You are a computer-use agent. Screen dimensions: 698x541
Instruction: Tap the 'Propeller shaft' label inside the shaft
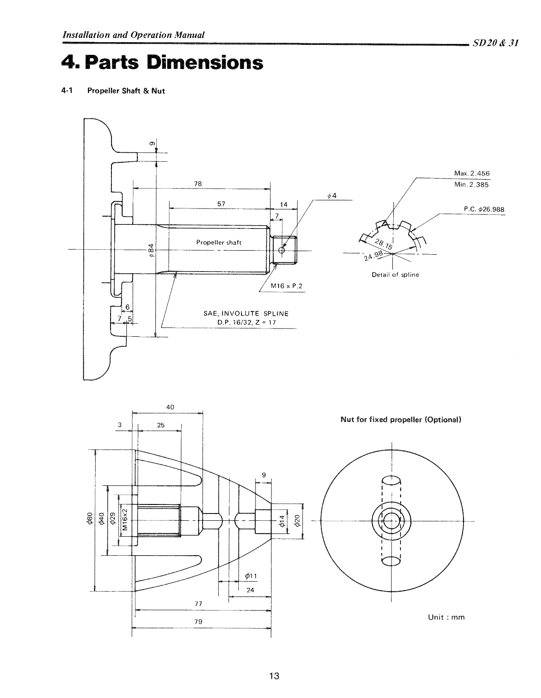(218, 242)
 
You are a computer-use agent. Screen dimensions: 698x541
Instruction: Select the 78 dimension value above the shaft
(198, 184)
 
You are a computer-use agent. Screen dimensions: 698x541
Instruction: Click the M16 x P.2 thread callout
(286, 286)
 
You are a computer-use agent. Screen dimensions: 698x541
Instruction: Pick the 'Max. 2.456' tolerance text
(472, 174)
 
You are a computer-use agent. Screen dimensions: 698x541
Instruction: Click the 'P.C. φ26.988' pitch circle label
(483, 209)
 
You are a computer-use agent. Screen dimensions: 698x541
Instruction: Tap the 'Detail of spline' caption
(395, 275)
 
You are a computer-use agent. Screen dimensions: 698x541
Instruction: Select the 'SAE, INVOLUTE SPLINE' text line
(246, 314)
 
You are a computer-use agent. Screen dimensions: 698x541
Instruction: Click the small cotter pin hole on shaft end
(282, 250)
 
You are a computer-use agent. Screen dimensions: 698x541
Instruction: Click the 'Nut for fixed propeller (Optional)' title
(401, 419)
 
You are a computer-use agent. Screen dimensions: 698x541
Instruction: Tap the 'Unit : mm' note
(446, 617)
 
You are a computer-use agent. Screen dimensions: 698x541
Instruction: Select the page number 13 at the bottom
(274, 677)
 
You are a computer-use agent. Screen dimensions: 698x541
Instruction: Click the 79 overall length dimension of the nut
(198, 621)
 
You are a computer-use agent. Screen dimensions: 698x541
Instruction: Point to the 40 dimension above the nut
(170, 407)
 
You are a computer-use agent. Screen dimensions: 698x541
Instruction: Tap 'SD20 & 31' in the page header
(495, 43)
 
